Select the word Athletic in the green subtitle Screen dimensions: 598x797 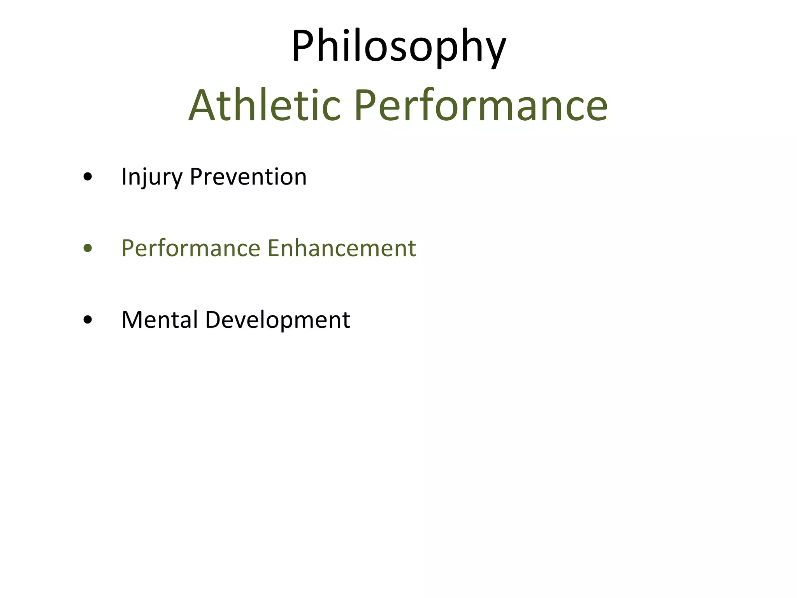click(x=265, y=106)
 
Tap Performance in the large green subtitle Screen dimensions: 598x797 click(x=481, y=106)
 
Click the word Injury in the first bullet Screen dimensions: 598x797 click(x=152, y=177)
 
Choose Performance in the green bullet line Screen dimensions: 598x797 click(x=191, y=248)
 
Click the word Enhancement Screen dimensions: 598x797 click(x=342, y=248)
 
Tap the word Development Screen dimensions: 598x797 click(x=277, y=320)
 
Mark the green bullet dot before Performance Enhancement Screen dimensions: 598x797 click(x=88, y=248)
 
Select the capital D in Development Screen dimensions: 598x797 click(x=213, y=320)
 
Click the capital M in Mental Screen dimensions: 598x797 click(x=133, y=320)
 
